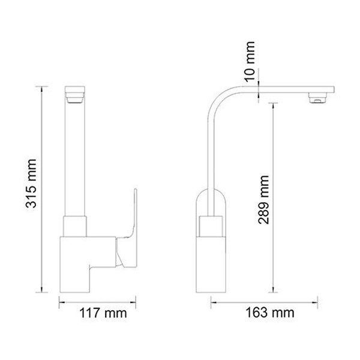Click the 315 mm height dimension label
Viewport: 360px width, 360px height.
coord(31,183)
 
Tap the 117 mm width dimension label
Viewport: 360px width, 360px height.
coord(103,313)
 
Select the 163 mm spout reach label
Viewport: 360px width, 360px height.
coord(270,313)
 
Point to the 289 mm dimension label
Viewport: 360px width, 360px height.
coord(263,200)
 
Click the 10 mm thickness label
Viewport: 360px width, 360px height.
coord(250,62)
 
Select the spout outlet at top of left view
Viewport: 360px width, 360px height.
coord(75,95)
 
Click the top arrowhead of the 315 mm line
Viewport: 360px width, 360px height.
coord(41,89)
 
